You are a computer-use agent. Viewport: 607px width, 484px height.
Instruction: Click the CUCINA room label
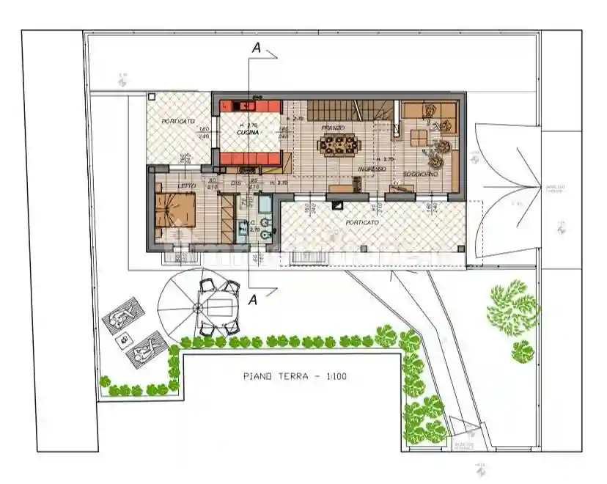point(249,133)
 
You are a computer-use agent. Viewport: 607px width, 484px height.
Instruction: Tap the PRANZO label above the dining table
point(333,128)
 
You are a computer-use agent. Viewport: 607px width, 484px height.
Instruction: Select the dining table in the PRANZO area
point(339,145)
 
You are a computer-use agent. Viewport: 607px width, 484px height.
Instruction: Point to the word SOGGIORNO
point(420,175)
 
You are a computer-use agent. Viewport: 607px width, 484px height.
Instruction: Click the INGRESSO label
point(372,169)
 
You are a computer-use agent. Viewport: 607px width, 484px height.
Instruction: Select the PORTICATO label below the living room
point(362,221)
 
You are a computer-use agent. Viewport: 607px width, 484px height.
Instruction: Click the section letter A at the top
point(256,48)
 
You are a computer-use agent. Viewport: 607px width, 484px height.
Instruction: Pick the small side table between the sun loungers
point(124,339)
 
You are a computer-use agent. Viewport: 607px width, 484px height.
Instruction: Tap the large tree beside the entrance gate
point(513,307)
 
